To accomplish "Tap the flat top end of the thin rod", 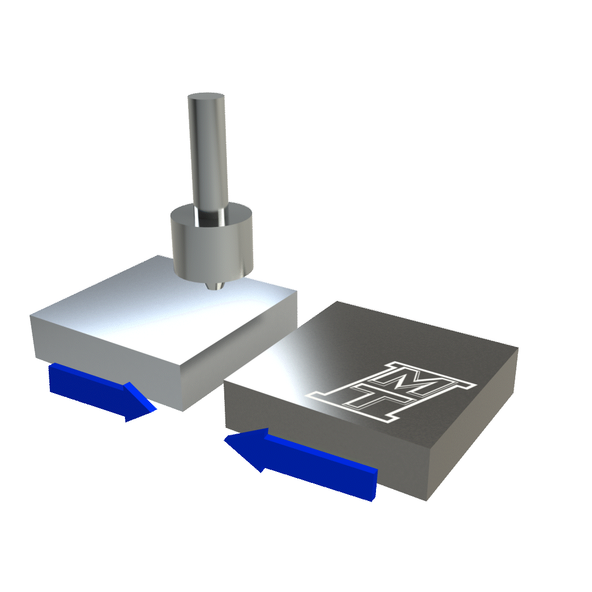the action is (x=206, y=96).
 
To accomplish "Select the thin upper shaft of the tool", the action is (x=208, y=158).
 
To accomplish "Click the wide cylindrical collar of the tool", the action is (x=212, y=242).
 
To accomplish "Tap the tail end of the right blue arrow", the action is (x=374, y=485).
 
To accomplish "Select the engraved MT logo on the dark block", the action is (x=391, y=391).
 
